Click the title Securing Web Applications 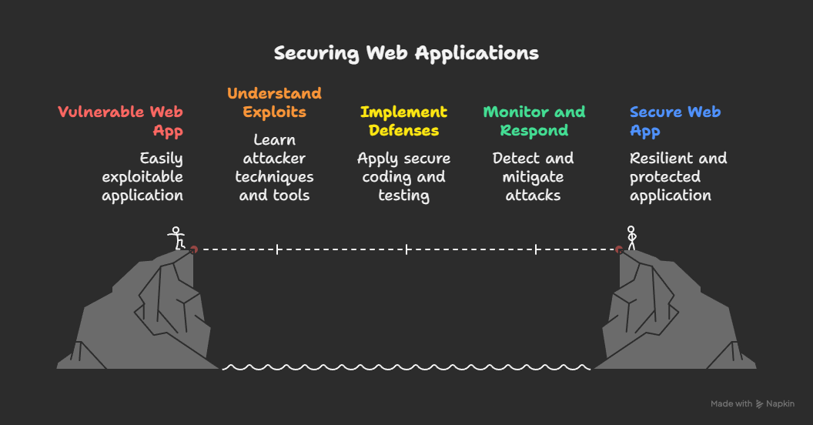[406, 53]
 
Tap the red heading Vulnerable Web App [122, 121]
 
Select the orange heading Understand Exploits [274, 102]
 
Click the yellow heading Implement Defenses [403, 121]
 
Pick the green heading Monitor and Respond [534, 121]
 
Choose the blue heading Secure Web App [674, 121]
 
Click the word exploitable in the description [142, 177]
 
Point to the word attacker [274, 159]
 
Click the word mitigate [534, 177]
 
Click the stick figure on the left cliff [177, 238]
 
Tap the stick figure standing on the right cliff [631, 237]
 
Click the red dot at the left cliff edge [194, 249]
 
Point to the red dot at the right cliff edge [619, 249]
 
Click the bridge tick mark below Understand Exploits [277, 249]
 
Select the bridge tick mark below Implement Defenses [406, 249]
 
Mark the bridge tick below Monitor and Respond [536, 249]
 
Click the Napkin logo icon [760, 403]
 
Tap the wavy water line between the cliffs [406, 367]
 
